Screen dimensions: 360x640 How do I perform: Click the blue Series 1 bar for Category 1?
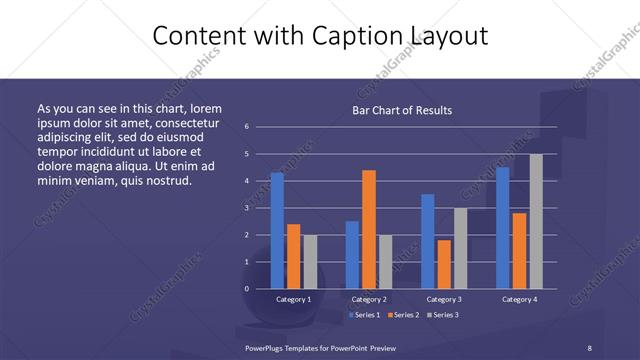point(277,230)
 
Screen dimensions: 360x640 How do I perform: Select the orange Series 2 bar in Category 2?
point(369,229)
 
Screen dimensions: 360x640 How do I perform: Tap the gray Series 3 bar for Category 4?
point(536,221)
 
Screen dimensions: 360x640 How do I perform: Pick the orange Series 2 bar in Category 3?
point(444,264)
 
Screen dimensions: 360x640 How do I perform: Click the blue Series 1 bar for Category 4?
point(502,227)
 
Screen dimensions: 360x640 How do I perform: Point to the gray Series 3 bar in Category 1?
point(310,261)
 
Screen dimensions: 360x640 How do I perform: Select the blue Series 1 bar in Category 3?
point(428,241)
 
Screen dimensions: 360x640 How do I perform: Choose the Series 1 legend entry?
point(363,315)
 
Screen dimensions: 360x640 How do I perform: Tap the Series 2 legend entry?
point(402,315)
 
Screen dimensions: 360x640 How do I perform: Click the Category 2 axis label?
point(369,299)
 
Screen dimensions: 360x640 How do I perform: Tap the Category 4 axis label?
point(519,299)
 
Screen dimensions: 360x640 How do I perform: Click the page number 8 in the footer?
point(589,347)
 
